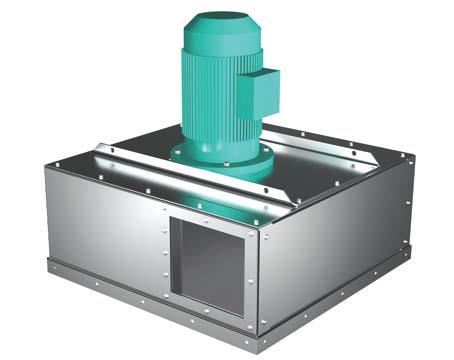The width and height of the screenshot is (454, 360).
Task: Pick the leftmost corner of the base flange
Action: pyautogui.click(x=49, y=266)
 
